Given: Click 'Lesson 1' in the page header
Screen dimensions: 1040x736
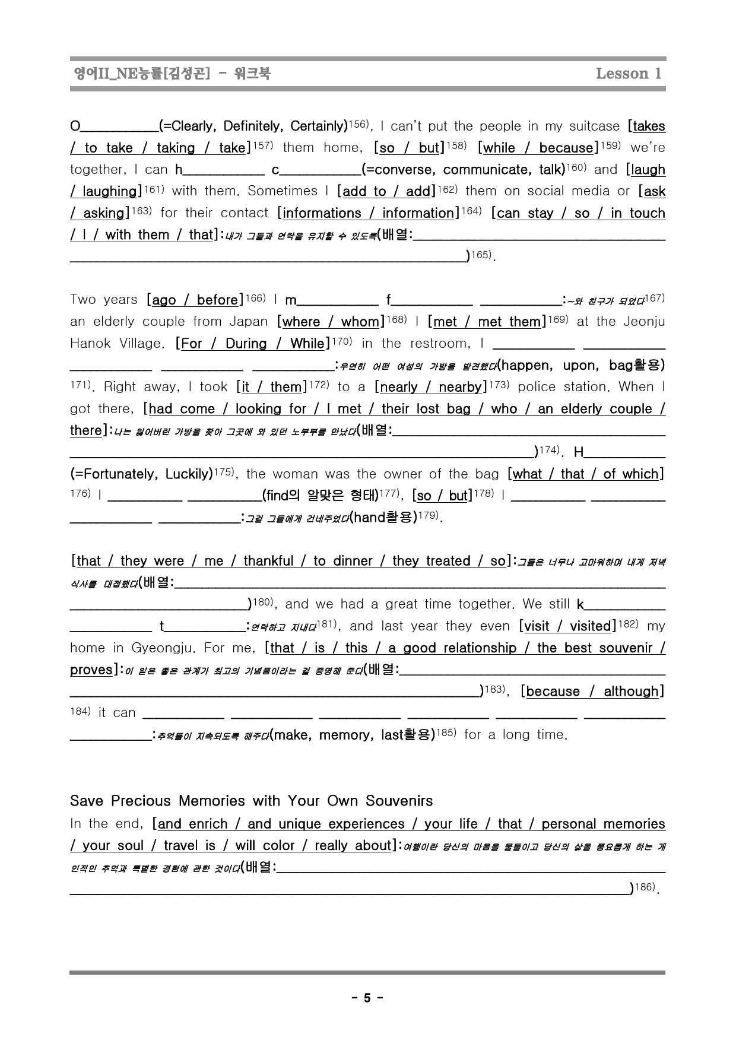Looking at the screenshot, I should pyautogui.click(x=628, y=74).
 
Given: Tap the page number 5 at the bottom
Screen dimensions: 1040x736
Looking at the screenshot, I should pyautogui.click(x=367, y=998).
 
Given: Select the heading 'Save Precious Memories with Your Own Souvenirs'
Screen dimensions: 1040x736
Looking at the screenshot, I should pyautogui.click(x=251, y=801).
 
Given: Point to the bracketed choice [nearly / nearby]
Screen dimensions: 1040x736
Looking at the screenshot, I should pyautogui.click(x=430, y=387).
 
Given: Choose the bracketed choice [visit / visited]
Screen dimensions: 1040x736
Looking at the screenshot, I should pyautogui.click(x=566, y=626).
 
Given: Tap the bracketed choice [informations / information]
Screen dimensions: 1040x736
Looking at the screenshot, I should pyautogui.click(x=367, y=213).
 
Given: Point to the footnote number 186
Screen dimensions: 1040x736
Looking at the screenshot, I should pyautogui.click(x=644, y=887).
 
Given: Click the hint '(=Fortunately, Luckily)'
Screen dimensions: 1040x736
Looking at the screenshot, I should pyautogui.click(x=141, y=474).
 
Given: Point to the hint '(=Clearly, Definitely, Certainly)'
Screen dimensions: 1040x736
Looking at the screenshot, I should pyautogui.click(x=253, y=126).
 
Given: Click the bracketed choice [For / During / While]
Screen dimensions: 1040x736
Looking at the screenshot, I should pyautogui.click(x=252, y=344).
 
